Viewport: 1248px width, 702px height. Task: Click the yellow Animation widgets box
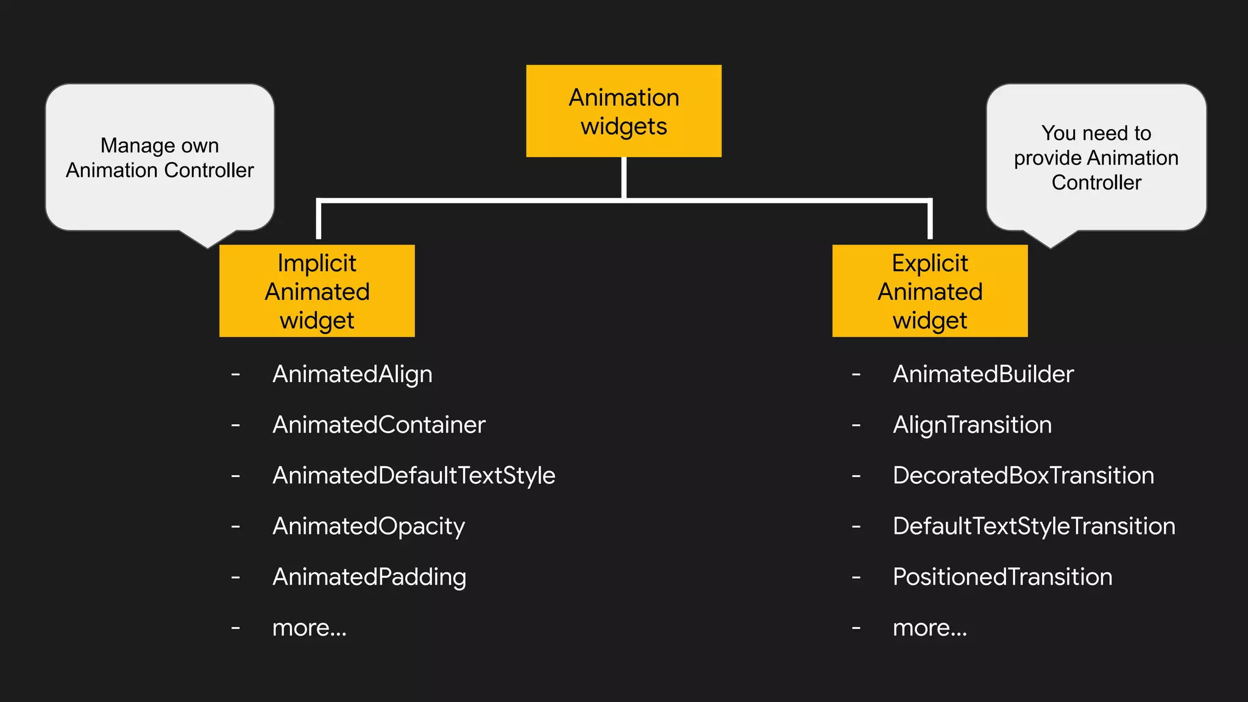point(623,111)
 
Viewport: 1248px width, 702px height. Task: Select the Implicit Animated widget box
point(317,291)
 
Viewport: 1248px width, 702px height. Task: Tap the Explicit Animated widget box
point(930,291)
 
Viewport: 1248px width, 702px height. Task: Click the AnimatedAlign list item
point(352,374)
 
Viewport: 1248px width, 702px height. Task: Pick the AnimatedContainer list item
point(378,425)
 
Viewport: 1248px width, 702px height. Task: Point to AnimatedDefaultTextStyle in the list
point(414,475)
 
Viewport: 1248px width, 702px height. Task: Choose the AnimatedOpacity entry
point(369,526)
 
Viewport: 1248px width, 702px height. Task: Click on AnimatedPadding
point(369,576)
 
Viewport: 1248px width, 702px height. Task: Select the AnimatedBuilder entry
point(983,374)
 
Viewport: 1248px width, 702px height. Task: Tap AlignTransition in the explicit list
point(972,425)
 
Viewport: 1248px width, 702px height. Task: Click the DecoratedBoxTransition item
point(1023,475)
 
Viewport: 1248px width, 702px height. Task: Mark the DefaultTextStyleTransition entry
point(1033,526)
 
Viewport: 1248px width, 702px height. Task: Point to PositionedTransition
point(1002,576)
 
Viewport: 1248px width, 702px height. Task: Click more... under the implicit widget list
point(309,628)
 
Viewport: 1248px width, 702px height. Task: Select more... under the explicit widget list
point(929,628)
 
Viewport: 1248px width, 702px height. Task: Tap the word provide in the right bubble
point(1042,158)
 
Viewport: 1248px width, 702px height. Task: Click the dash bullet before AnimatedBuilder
point(856,374)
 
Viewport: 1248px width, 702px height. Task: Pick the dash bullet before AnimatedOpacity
point(236,526)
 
